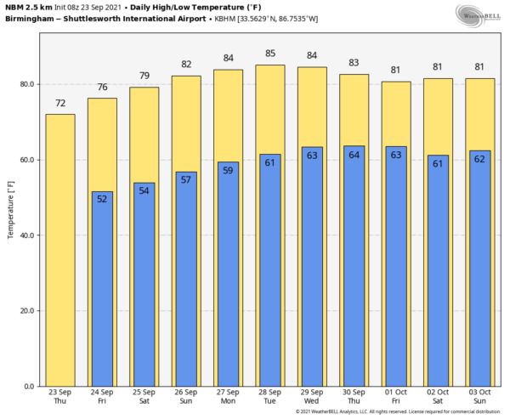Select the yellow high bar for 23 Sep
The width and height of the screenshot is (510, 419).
click(x=60, y=255)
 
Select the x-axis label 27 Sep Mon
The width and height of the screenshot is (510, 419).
click(x=228, y=397)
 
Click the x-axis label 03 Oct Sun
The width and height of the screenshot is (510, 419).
click(x=479, y=397)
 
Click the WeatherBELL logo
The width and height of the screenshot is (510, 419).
click(x=479, y=14)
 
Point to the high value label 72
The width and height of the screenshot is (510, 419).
click(x=60, y=104)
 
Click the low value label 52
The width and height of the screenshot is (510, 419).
click(x=102, y=200)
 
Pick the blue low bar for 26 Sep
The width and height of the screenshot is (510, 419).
click(x=185, y=280)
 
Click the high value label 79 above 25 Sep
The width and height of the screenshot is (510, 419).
click(x=144, y=76)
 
